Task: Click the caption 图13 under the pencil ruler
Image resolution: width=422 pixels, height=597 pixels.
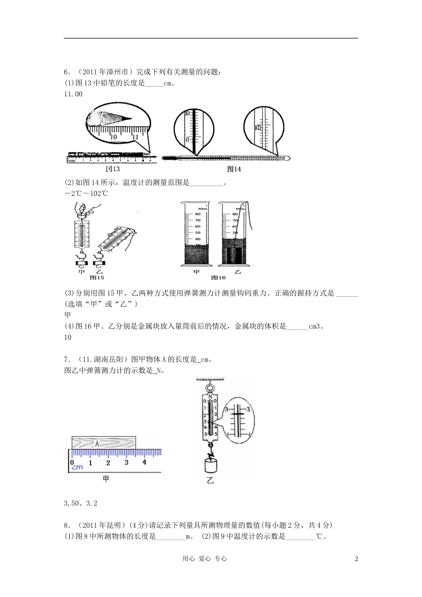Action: [112, 169]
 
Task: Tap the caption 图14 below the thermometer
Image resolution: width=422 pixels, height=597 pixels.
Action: [234, 169]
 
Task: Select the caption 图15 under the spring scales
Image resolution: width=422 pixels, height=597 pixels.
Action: [96, 278]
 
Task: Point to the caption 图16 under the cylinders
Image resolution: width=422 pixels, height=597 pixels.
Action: [218, 278]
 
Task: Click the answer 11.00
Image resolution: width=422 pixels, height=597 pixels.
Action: [73, 94]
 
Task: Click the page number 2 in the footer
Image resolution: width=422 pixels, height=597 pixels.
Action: [356, 559]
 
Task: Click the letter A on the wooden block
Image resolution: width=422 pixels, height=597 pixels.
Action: [97, 443]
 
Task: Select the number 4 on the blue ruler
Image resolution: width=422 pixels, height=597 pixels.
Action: [144, 462]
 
